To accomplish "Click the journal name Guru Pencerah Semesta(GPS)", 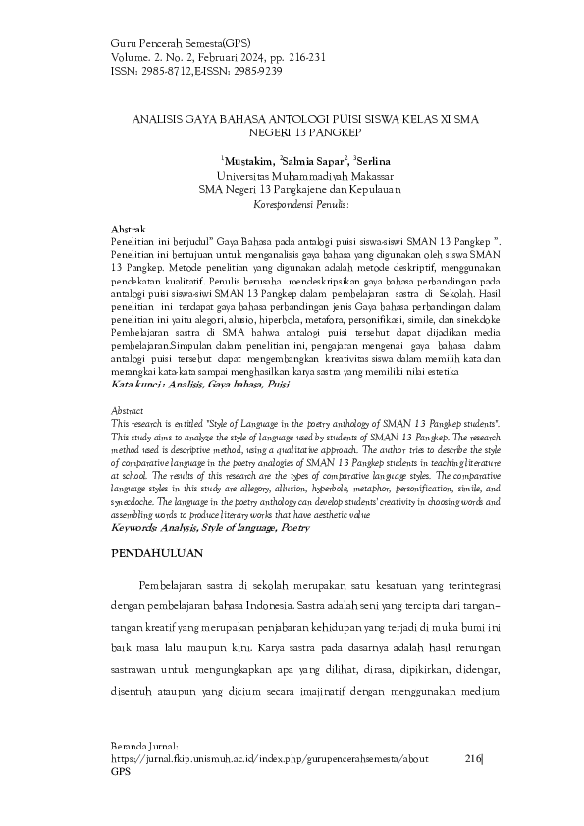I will tap(182, 44).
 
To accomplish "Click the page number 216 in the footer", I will tap(473, 759).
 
